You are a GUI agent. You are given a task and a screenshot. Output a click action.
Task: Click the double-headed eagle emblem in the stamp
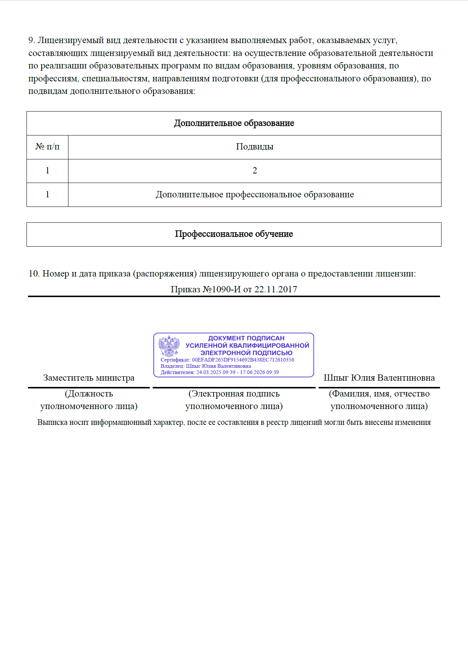tap(169, 346)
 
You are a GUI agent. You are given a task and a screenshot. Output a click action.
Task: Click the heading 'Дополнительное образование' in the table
tap(234, 123)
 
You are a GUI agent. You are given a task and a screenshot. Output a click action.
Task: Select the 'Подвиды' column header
tap(255, 147)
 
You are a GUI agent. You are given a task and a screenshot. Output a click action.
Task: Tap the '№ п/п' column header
tap(47, 147)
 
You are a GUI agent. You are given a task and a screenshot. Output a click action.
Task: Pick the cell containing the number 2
tap(255, 171)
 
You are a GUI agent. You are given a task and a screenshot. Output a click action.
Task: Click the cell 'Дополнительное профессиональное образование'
tap(255, 195)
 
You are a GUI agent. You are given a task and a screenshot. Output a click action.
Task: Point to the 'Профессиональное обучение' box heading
tap(234, 234)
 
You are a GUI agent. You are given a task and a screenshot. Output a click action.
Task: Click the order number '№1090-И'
tap(221, 289)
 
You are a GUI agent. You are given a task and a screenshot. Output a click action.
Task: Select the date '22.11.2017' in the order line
tap(276, 289)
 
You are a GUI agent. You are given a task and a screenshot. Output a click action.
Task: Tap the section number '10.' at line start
tap(34, 274)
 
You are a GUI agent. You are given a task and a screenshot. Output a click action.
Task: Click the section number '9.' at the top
tap(32, 40)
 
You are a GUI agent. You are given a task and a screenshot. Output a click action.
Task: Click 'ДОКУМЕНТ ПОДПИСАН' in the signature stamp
tap(246, 338)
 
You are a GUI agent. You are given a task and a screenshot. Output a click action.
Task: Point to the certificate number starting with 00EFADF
tap(243, 360)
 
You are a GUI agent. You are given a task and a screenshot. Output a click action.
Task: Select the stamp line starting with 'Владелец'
tap(206, 366)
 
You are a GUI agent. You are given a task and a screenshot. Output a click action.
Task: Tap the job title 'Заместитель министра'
tap(89, 378)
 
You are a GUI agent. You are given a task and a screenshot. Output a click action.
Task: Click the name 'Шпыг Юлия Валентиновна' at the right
tap(379, 378)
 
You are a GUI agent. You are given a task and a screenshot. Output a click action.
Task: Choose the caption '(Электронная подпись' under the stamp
tap(234, 394)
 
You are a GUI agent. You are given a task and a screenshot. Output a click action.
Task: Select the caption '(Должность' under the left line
tap(89, 394)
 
